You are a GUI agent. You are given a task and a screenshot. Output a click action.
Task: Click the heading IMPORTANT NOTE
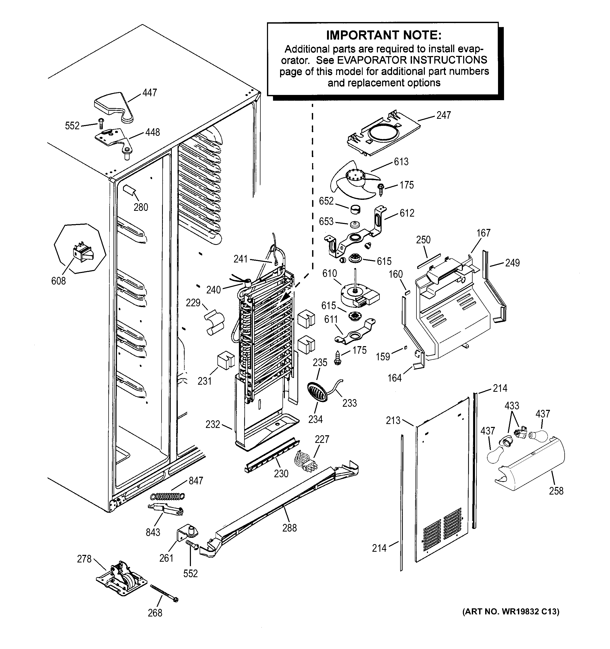point(384,35)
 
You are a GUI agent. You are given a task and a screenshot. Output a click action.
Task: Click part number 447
point(149,93)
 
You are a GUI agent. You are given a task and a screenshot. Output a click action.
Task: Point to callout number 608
point(58,281)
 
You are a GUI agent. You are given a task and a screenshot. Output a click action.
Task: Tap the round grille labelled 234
point(317,392)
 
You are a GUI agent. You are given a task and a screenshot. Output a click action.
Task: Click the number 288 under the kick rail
point(289,528)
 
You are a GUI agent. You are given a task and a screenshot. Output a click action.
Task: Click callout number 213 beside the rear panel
point(393,421)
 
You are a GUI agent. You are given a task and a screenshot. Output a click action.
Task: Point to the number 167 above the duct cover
point(483,233)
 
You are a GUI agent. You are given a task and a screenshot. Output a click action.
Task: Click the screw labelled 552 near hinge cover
point(101,124)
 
